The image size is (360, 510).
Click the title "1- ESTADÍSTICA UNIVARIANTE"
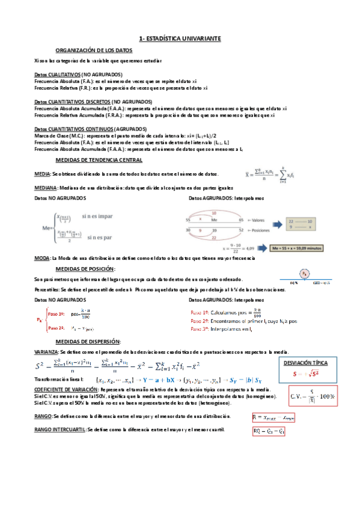pyautogui.click(x=180, y=38)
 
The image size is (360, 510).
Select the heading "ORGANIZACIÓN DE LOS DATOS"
pyautogui.click(x=94, y=51)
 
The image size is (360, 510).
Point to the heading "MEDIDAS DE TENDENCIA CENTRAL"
pyautogui.click(x=99, y=161)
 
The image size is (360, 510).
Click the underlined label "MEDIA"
pyautogui.click(x=42, y=174)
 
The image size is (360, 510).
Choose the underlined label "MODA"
pyautogui.click(x=42, y=257)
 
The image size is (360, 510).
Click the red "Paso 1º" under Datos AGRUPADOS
pyautogui.click(x=200, y=313)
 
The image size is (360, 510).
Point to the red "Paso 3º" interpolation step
pyautogui.click(x=200, y=329)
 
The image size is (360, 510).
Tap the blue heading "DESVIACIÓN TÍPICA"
pyautogui.click(x=306, y=363)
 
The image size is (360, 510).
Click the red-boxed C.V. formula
pyautogui.click(x=313, y=398)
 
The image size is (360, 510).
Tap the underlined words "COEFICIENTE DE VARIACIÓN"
pyautogui.click(x=63, y=390)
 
